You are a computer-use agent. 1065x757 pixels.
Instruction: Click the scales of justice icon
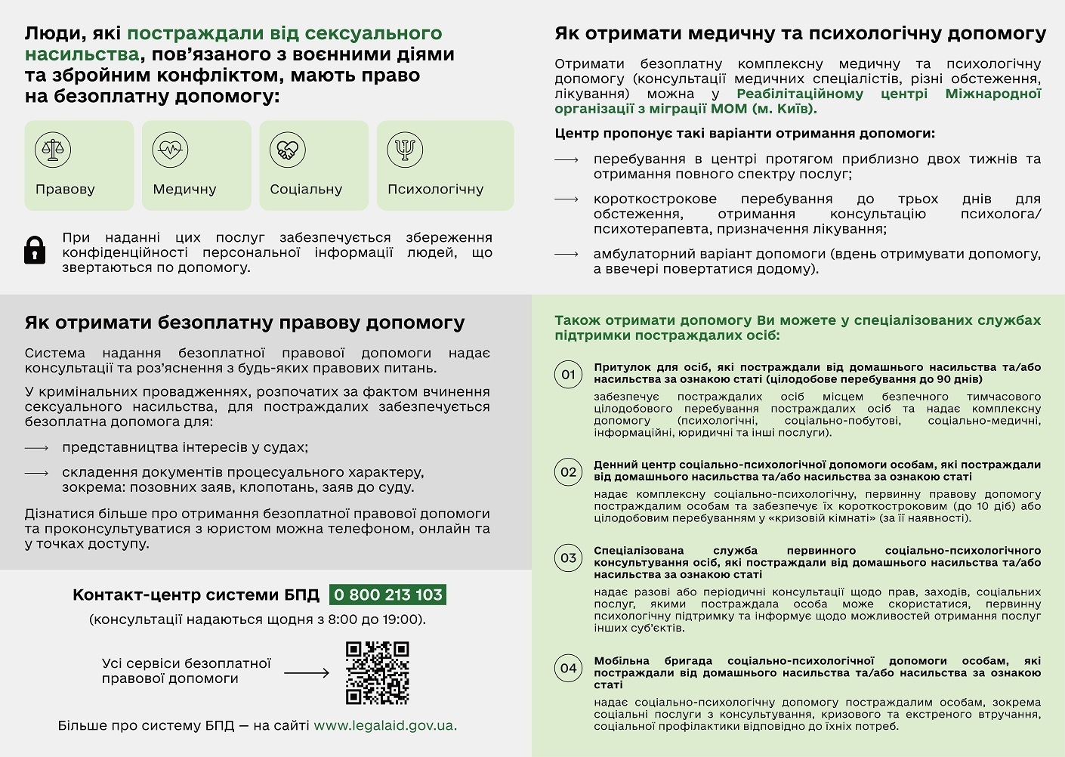(x=53, y=150)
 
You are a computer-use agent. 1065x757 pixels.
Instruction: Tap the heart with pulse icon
(x=170, y=150)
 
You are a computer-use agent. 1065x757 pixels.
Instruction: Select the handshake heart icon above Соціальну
(x=287, y=150)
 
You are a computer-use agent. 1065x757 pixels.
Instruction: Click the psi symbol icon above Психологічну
(x=405, y=150)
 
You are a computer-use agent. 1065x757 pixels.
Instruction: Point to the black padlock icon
(x=35, y=249)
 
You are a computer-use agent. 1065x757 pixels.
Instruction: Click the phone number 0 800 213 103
(x=387, y=595)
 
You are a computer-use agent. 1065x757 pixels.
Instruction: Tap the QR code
(x=377, y=672)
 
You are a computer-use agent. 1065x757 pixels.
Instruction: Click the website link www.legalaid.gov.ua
(x=384, y=725)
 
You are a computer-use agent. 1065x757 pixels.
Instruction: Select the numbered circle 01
(x=569, y=374)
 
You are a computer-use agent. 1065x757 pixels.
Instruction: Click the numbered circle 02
(x=569, y=472)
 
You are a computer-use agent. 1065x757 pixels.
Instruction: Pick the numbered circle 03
(x=569, y=558)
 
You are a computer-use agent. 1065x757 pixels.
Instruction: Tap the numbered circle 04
(x=569, y=668)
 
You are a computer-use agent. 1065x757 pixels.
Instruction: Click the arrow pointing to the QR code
(x=307, y=672)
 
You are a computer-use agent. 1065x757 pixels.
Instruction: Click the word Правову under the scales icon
(x=65, y=189)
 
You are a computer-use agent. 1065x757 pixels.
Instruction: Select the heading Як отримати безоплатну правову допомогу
(x=245, y=323)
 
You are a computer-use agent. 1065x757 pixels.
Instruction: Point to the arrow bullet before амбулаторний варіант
(x=566, y=255)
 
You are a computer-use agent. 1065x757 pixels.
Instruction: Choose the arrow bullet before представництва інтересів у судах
(x=36, y=448)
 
